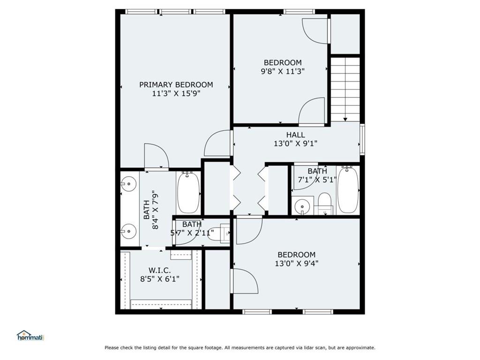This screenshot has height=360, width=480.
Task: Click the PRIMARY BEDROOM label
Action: click(x=176, y=85)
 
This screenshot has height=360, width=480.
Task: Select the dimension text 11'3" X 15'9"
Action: click(x=176, y=93)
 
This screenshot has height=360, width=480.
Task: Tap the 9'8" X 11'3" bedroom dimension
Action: click(x=282, y=72)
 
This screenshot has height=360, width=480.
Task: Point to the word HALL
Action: click(x=295, y=135)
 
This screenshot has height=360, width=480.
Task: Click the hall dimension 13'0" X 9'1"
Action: click(x=295, y=144)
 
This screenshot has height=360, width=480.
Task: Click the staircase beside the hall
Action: click(x=345, y=89)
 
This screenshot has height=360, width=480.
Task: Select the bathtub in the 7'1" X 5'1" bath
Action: click(x=348, y=190)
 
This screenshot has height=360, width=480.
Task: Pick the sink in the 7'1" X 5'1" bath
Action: click(x=302, y=206)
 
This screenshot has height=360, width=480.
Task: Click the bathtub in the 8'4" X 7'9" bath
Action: click(x=188, y=192)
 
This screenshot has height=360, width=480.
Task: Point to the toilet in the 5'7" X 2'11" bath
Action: click(x=218, y=233)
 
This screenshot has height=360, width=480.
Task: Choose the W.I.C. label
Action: click(x=159, y=270)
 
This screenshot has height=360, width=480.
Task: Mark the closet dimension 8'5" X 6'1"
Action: click(x=159, y=279)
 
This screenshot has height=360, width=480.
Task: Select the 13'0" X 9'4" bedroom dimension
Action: click(x=296, y=263)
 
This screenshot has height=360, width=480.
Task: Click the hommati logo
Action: click(x=30, y=336)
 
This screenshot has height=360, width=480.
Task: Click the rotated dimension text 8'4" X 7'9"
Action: click(x=151, y=210)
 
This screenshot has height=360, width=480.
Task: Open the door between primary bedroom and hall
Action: click(x=218, y=143)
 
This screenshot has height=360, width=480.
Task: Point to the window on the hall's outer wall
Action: click(x=362, y=139)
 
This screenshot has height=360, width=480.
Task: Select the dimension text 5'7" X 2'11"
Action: click(x=192, y=232)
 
